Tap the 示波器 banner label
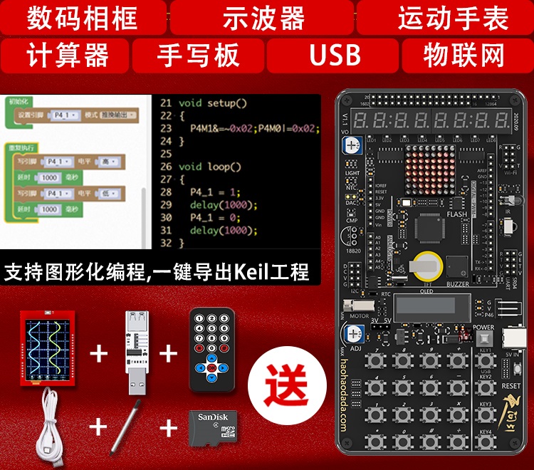263,17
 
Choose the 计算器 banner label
68,55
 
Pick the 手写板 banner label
199,55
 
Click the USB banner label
334,55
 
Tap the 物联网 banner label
464,55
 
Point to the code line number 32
166,244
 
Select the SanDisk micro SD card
211,427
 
